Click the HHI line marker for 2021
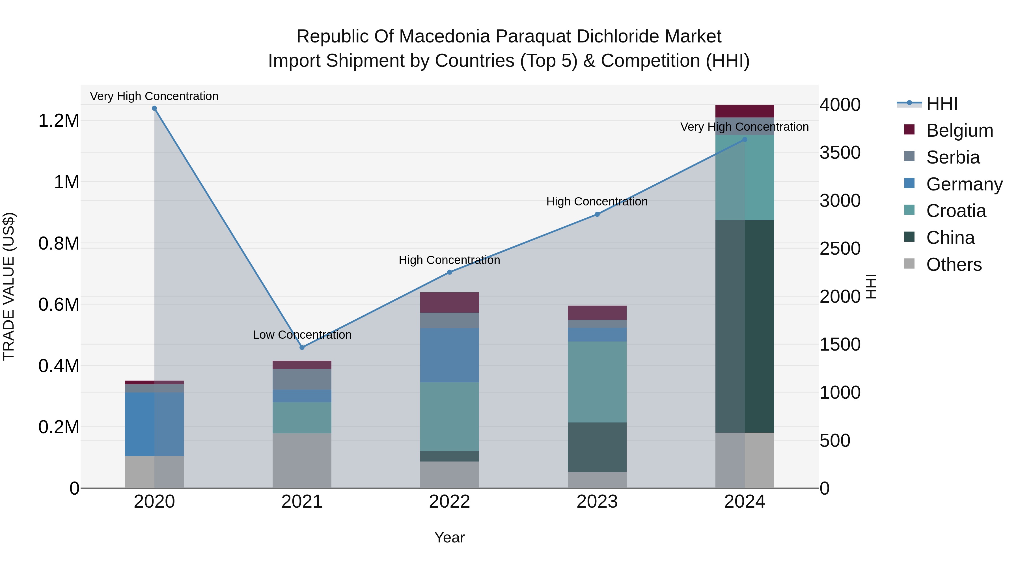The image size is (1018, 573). click(302, 347)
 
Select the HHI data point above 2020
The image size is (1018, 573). click(154, 108)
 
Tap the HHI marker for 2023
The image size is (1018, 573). click(597, 214)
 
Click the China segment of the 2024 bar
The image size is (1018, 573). click(745, 326)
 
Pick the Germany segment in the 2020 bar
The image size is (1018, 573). click(154, 424)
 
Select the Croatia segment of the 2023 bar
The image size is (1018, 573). click(597, 382)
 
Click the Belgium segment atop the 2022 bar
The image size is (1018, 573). click(449, 302)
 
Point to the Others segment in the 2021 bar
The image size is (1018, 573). click(302, 460)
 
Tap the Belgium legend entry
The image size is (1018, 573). click(959, 130)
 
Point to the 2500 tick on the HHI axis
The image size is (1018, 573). click(840, 249)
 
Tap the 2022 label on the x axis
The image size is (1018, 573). click(449, 502)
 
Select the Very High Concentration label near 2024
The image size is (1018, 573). click(744, 127)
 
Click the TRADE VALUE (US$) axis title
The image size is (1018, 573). click(9, 286)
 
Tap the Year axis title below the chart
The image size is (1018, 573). click(449, 537)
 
